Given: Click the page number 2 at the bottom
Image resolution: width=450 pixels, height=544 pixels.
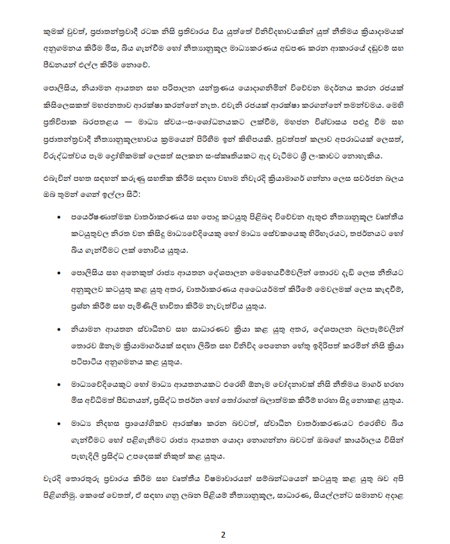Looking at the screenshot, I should pos(224,534).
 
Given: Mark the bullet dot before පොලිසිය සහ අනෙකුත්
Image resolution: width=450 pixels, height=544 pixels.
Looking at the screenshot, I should pos(60,272).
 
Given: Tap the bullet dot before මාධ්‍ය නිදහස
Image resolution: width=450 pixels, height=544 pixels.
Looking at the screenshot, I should pos(60,424).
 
